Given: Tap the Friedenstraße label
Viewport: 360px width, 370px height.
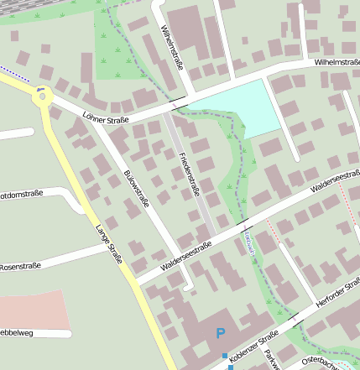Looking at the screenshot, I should (190, 174).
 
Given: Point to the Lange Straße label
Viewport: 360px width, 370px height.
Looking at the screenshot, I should (108, 244).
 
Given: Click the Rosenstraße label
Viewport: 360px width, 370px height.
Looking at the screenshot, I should (20, 267).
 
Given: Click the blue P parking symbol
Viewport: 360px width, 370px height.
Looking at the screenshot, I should (221, 334).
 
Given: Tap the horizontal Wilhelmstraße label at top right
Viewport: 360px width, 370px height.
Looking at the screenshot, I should (337, 62).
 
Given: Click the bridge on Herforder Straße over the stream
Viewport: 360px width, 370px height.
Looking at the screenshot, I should (295, 318).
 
